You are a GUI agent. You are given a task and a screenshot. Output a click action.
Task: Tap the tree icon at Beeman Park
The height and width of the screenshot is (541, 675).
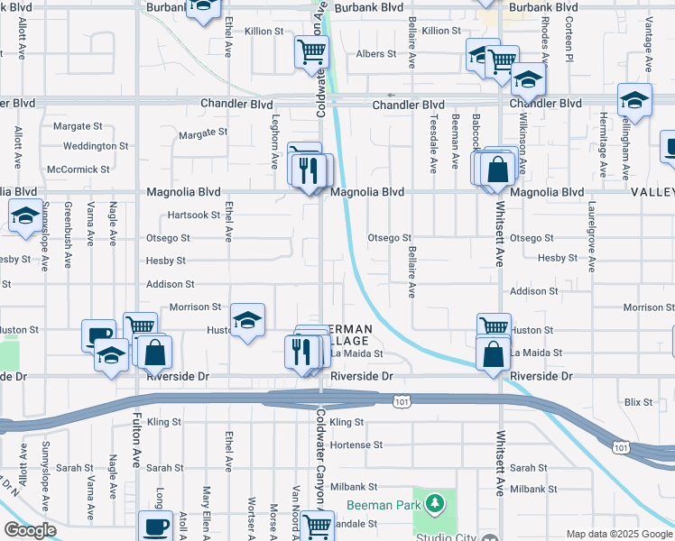point(435,501)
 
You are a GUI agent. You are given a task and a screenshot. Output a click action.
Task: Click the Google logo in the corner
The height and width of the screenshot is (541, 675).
point(29,530)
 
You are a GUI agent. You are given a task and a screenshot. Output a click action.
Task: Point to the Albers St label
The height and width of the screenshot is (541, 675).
point(376,54)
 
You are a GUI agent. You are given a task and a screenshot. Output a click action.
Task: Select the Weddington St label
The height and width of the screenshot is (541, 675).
point(96,146)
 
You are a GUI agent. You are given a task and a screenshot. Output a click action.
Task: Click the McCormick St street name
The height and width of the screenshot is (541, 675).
point(79,169)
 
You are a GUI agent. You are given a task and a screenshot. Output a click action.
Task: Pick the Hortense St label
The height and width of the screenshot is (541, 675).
point(357,445)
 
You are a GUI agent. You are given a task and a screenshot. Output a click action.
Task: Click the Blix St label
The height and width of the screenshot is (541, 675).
point(638,401)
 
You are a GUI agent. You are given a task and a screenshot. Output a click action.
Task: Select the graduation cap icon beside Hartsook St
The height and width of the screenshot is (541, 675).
point(24,215)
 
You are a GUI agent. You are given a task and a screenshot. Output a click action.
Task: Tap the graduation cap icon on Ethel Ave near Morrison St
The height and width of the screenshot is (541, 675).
point(247,320)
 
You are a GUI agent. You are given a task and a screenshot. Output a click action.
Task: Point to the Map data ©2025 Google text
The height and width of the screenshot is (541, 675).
point(619,533)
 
